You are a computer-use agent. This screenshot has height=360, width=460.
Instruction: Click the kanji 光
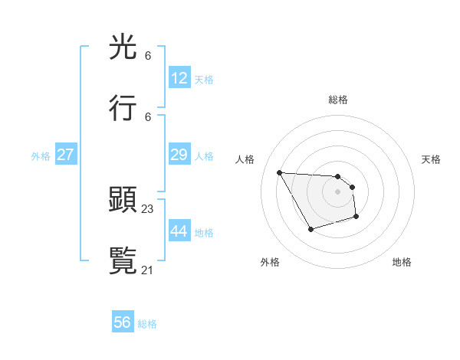pos(123,47)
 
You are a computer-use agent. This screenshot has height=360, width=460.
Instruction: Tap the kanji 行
pos(123,108)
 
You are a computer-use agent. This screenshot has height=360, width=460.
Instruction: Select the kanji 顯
pos(123,200)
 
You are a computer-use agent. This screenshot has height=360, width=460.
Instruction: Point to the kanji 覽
pos(123,261)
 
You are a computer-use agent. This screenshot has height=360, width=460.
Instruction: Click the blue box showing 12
pos(179,78)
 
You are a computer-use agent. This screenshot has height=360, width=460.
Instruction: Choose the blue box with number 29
pos(179,155)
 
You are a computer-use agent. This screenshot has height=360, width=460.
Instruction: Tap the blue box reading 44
pos(179,231)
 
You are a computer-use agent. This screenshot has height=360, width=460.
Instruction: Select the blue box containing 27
pos(65,155)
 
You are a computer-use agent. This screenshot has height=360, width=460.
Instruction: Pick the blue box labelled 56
pos(123,322)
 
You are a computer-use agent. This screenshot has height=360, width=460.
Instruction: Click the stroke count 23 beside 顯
pos(148,208)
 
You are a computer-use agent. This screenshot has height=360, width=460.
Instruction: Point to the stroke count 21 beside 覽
pos(148,270)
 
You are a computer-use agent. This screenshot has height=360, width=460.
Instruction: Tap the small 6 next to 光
pos(148,56)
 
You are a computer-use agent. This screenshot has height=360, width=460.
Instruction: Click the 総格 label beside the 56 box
pos(147,324)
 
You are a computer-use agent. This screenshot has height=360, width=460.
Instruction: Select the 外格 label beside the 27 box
pos(41,155)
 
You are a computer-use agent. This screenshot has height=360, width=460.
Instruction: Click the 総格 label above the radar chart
pos(338,100)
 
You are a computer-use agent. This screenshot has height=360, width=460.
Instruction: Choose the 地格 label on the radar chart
pos(402,262)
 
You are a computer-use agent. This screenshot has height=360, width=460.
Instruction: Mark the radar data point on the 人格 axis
pos(279,172)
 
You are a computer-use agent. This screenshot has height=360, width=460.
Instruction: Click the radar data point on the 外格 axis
pos(310,229)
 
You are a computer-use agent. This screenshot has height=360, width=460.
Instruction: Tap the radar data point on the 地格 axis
pos(356,218)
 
